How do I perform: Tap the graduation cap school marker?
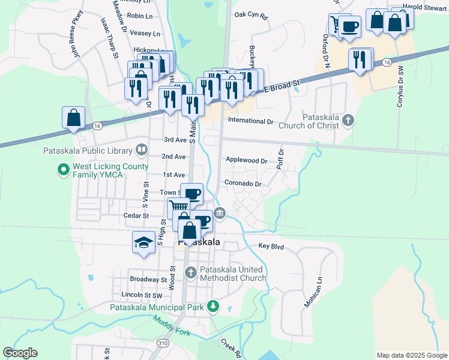143,243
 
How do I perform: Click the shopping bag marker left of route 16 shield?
73,117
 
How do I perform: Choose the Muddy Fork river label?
171,323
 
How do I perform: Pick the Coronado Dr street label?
243,184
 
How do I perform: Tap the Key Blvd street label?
271,246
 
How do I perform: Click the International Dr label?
250,121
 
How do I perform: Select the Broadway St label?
148,280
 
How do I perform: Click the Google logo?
20,353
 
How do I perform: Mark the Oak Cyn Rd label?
251,14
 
